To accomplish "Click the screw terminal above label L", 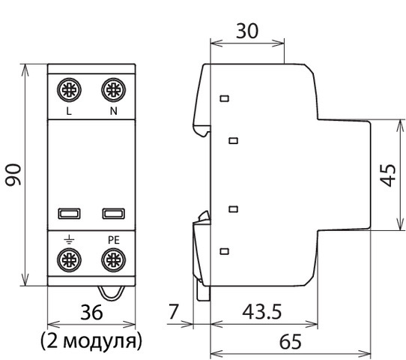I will point(69,90).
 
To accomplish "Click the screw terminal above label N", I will point(113,90).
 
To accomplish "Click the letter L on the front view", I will point(69,112).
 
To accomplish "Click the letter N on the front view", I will point(113,112).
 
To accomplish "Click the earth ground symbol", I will point(69,239).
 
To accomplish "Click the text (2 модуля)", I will point(91,342).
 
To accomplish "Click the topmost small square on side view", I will point(223,98).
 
